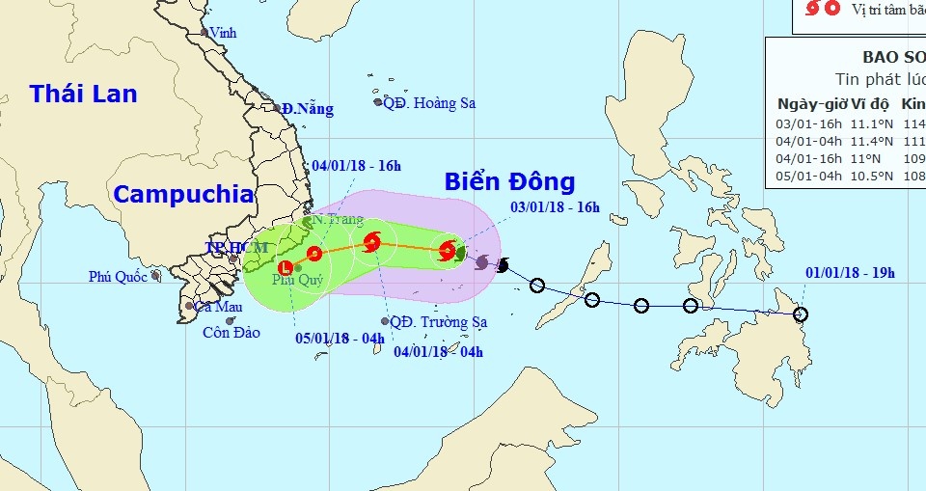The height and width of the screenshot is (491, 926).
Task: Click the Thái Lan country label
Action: (83, 94)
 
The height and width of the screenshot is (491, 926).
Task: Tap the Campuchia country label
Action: (183, 194)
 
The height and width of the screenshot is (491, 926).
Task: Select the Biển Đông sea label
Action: (509, 181)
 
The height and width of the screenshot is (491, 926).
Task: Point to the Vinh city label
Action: (223, 33)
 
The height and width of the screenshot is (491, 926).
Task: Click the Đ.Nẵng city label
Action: (308, 109)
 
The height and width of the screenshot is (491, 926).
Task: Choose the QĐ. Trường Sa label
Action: (439, 322)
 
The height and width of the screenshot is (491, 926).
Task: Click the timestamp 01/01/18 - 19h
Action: (850, 273)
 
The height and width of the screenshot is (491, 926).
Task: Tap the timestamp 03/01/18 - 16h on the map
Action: (555, 206)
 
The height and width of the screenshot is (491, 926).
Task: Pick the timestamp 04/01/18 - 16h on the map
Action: (356, 165)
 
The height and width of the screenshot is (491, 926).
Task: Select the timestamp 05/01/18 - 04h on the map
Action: (340, 338)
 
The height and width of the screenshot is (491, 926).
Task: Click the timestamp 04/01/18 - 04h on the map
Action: (439, 351)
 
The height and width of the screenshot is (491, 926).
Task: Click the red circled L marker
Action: (285, 268)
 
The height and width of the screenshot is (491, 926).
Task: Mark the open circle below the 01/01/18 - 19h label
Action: (801, 314)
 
